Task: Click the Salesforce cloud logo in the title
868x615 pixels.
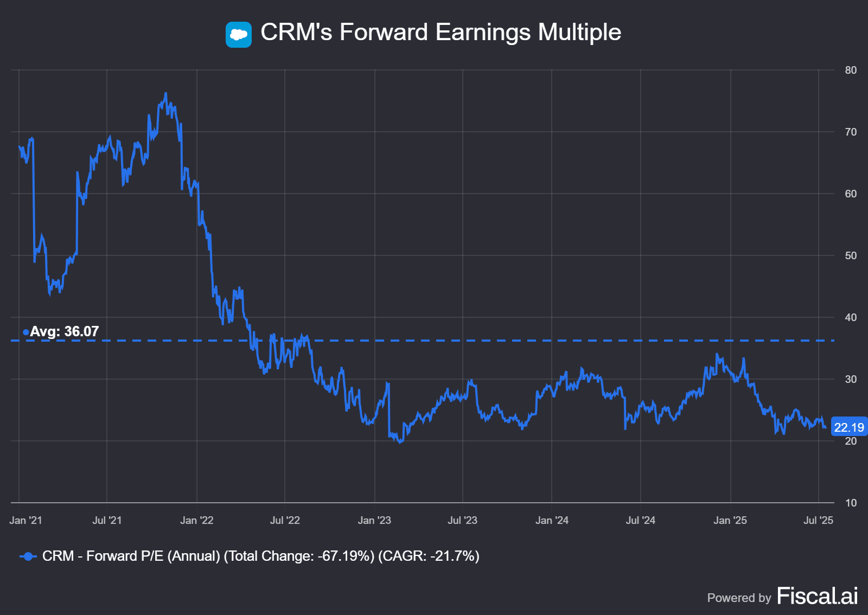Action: [238, 35]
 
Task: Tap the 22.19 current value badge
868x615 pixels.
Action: [848, 427]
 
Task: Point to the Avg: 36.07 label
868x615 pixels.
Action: [64, 331]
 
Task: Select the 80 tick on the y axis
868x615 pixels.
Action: [851, 70]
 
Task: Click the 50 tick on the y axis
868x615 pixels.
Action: [851, 255]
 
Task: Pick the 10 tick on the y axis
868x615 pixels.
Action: [851, 503]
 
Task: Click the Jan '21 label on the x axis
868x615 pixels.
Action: [25, 520]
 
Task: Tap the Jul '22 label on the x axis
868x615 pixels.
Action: [285, 520]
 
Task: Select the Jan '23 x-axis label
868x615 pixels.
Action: [374, 520]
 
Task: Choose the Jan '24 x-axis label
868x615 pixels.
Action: [552, 520]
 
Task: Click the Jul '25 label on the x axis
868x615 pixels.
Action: [818, 520]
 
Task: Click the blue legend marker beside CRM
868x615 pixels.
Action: [28, 556]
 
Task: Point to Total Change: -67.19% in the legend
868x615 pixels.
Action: [299, 556]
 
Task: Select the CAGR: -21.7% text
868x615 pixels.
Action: [429, 556]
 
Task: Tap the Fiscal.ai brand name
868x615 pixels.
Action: [817, 596]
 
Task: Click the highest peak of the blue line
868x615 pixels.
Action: [165, 93]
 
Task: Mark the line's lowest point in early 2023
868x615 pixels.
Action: [400, 443]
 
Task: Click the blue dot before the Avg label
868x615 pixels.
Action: [25, 332]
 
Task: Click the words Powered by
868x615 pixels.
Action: [739, 598]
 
